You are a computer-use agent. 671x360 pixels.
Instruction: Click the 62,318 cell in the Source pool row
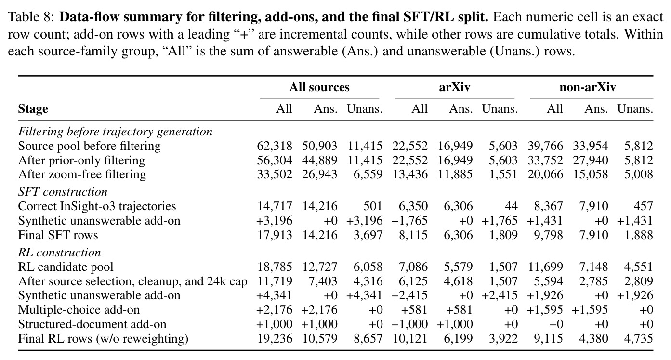(x=275, y=146)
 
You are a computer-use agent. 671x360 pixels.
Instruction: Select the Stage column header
(x=33, y=109)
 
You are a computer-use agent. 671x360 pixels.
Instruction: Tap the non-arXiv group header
(x=587, y=87)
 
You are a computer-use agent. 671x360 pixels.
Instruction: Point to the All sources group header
(x=319, y=87)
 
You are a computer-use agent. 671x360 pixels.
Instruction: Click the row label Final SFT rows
(x=58, y=235)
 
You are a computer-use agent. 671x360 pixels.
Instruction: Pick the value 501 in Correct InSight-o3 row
(x=373, y=206)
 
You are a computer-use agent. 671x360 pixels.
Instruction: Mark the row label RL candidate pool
(x=66, y=267)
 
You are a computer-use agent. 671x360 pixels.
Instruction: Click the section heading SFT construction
(x=63, y=192)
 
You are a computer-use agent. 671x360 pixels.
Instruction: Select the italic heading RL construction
(x=60, y=253)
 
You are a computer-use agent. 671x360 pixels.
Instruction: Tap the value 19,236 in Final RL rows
(x=275, y=339)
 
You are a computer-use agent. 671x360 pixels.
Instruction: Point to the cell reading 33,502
(x=275, y=174)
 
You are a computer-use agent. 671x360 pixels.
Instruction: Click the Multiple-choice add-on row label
(x=79, y=310)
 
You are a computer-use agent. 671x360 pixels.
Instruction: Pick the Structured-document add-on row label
(x=92, y=324)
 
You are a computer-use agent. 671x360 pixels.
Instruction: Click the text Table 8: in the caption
(x=31, y=17)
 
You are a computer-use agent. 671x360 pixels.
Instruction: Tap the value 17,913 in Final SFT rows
(x=275, y=235)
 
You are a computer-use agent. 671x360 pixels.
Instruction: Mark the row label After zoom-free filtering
(x=82, y=174)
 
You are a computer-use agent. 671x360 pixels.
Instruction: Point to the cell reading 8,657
(x=368, y=339)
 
